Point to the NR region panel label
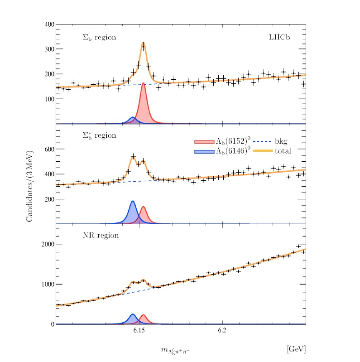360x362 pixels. coord(101,236)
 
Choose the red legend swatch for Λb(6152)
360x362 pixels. coord(203,141)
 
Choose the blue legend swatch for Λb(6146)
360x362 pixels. coord(203,151)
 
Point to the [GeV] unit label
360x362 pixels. coord(296,349)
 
